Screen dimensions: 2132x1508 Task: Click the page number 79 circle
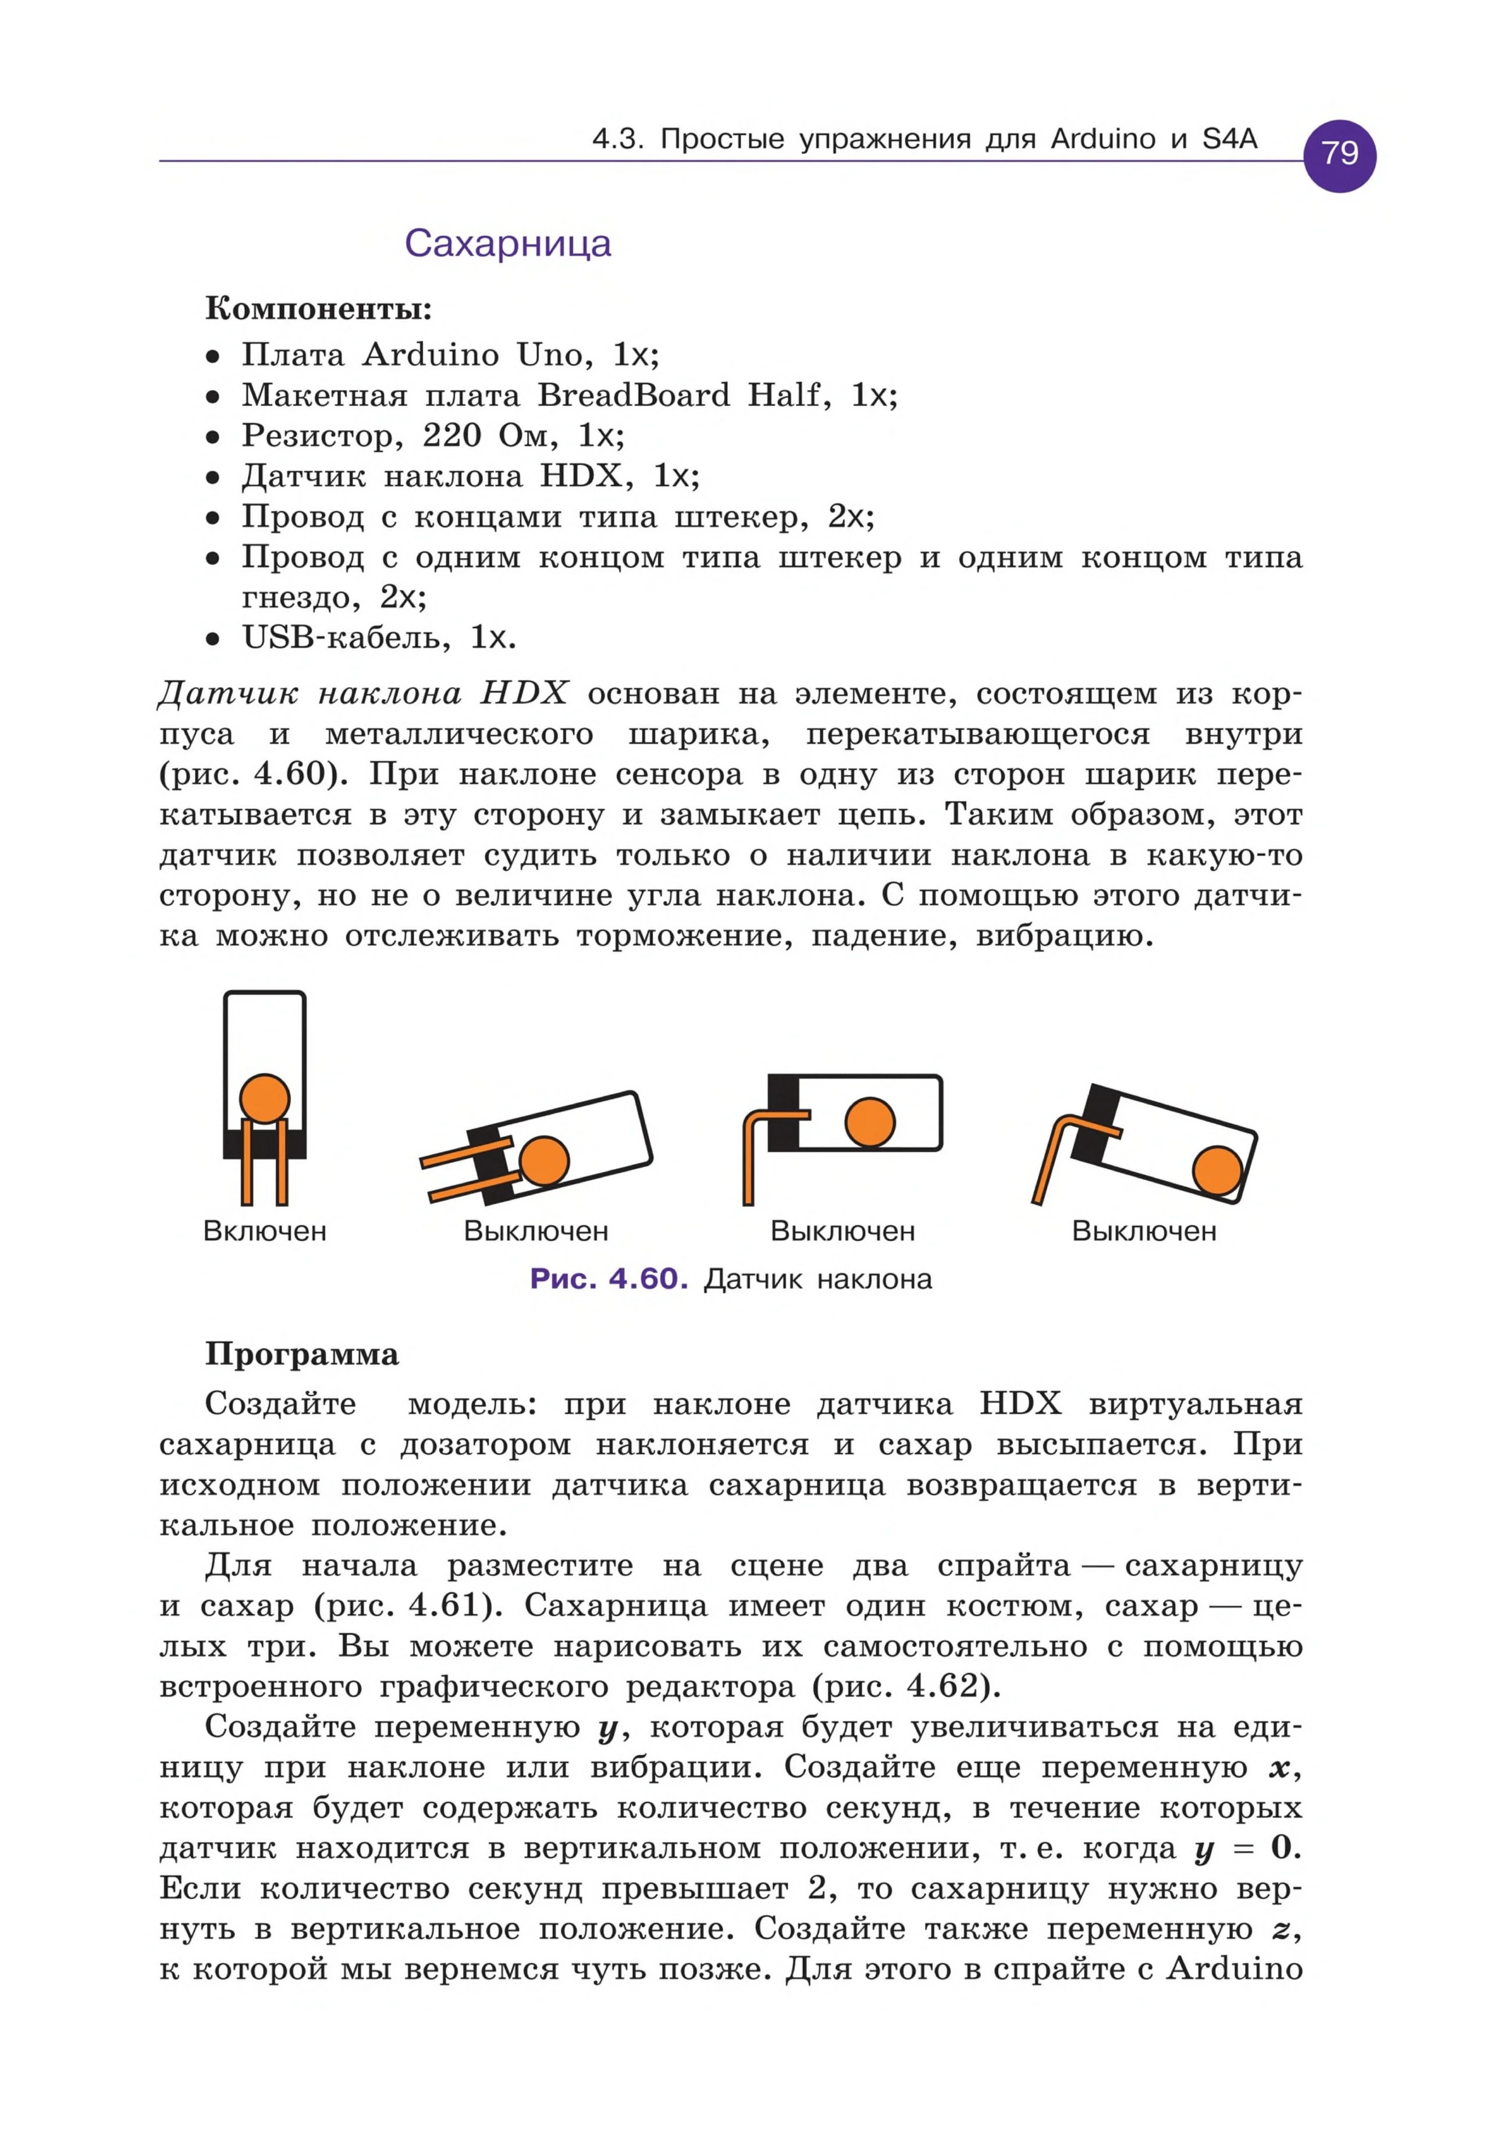tap(1339, 154)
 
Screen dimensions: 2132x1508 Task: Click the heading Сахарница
tap(508, 243)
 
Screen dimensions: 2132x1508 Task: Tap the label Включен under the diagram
tap(265, 1231)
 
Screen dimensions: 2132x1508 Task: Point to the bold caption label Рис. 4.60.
tap(608, 1280)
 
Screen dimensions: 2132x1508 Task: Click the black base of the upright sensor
tap(265, 1144)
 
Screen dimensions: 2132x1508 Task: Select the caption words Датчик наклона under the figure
tap(817, 1280)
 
